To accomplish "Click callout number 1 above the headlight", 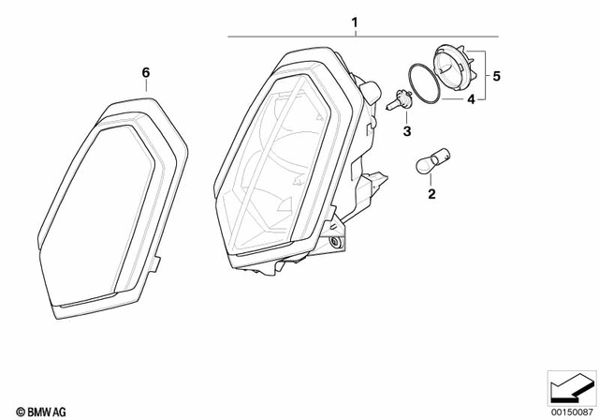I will (355, 22).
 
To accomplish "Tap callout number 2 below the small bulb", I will (431, 195).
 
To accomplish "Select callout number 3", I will (407, 132).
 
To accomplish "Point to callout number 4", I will (472, 98).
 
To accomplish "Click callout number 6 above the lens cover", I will (145, 72).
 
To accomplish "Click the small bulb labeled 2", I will (427, 168).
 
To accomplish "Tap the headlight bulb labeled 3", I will (399, 97).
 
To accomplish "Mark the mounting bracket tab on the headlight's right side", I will (373, 178).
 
